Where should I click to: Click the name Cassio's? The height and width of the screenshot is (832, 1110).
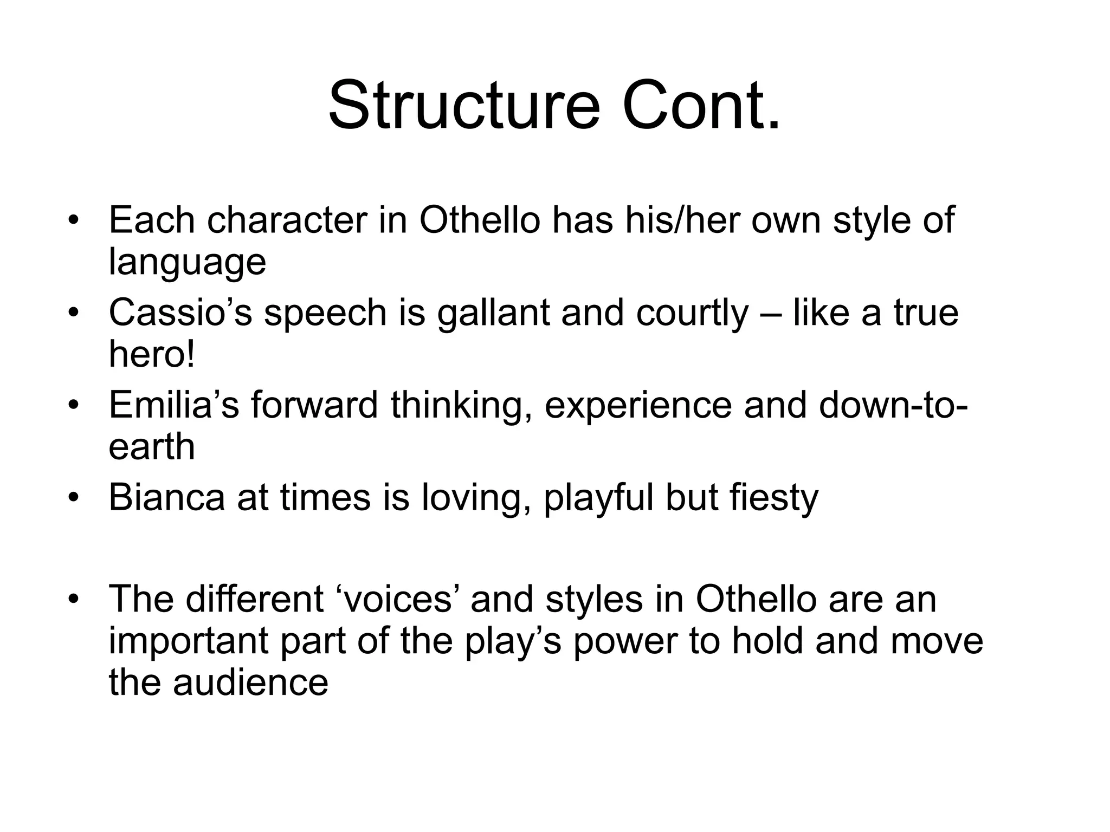click(180, 313)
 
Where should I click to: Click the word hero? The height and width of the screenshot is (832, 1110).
click(151, 354)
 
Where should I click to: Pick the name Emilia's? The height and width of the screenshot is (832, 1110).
click(173, 405)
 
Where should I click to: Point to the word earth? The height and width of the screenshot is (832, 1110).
click(151, 447)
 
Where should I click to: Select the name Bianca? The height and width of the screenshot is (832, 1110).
click(166, 497)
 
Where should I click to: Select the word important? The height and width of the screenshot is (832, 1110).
click(188, 641)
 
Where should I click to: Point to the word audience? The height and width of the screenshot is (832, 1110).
click(250, 682)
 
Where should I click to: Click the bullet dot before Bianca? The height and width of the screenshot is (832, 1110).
click(74, 498)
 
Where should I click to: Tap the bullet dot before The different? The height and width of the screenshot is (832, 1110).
click(74, 599)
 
